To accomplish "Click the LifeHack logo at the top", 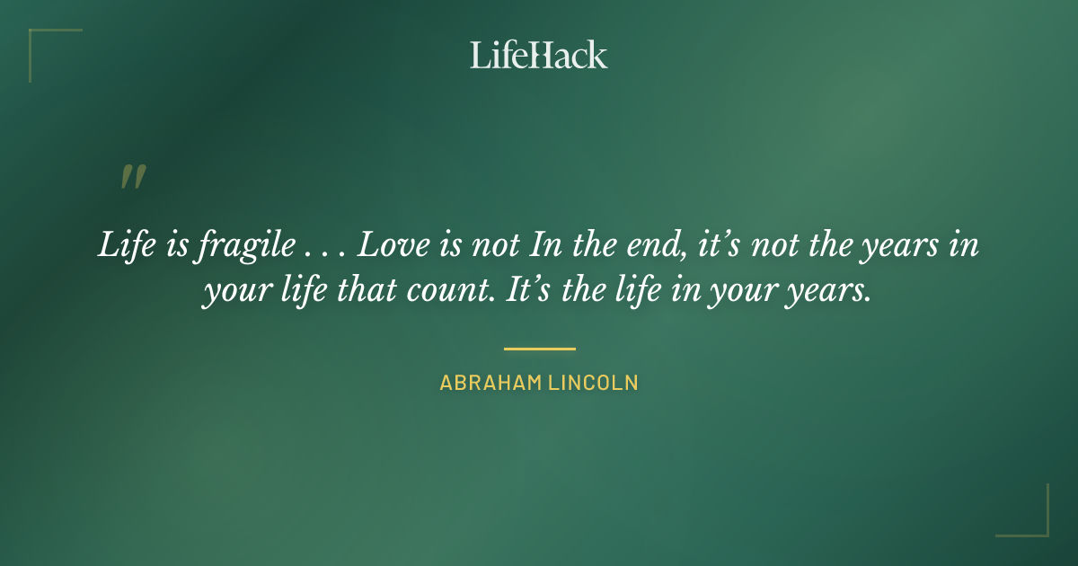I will point(538,55).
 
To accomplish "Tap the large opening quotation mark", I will point(132,177).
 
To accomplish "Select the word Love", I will point(394,246).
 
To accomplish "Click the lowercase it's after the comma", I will point(716,246).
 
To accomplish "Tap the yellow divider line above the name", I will point(539,349).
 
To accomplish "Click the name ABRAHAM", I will point(489,383).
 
